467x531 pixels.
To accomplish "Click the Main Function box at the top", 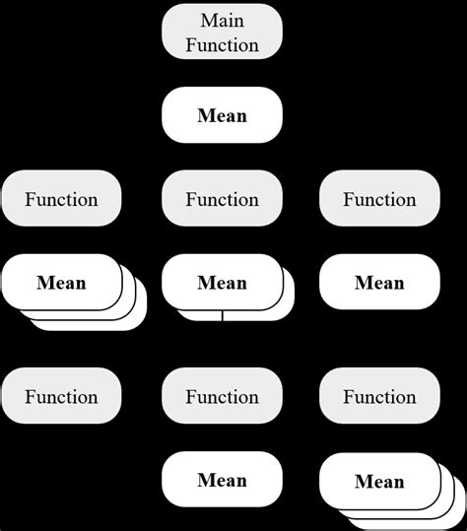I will (222, 32).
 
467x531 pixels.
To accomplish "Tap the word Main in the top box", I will (222, 20).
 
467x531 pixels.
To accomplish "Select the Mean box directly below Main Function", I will (222, 115).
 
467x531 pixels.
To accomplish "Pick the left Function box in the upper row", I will (61, 199).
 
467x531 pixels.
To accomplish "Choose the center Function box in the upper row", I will (222, 199).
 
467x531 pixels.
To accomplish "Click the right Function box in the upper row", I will (379, 199).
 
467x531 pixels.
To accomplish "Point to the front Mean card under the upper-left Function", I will (61, 283).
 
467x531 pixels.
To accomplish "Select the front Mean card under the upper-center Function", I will (222, 283).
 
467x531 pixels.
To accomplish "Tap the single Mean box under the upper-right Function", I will (379, 283).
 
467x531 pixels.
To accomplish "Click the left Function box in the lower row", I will (61, 397).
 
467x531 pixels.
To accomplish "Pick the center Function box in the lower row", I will (222, 397).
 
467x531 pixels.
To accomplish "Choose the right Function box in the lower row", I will (379, 397).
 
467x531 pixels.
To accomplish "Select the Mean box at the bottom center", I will (222, 480).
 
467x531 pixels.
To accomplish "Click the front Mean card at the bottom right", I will (379, 481).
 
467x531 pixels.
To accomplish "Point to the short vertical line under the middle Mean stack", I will (223, 315).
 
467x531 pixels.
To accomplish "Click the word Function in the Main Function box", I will (222, 44).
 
